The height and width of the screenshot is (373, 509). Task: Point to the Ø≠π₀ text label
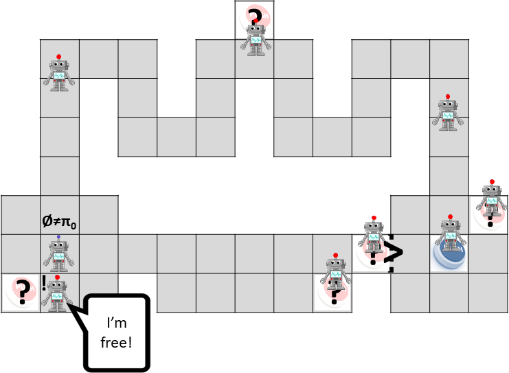click(60, 222)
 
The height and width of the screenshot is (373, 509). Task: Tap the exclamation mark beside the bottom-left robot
click(43, 282)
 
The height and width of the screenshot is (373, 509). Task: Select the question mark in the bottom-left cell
click(23, 292)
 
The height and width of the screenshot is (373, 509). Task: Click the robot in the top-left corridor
click(59, 73)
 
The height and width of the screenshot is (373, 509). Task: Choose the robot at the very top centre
click(256, 38)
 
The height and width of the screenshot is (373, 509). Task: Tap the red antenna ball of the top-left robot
click(59, 56)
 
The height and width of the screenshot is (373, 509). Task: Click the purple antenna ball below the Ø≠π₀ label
click(58, 238)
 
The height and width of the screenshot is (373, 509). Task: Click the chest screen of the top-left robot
click(59, 76)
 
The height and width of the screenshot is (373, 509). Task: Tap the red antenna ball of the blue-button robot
click(450, 218)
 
